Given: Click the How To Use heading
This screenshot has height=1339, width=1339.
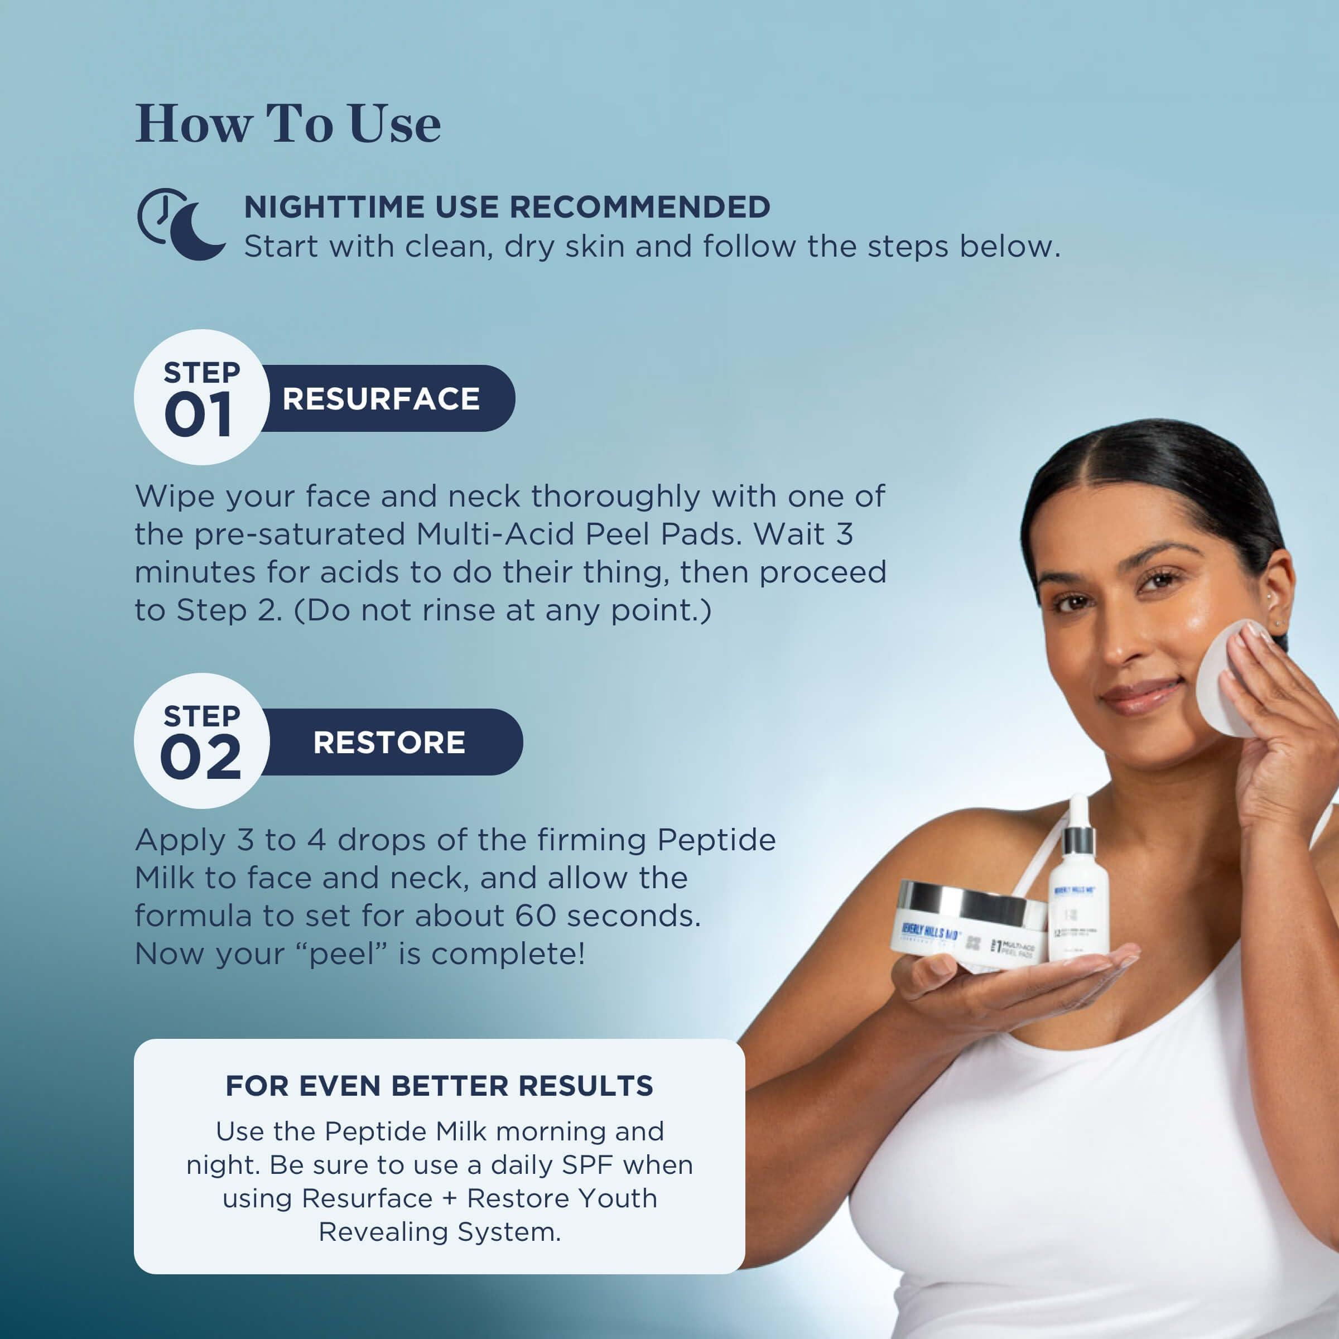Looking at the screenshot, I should click(x=288, y=125).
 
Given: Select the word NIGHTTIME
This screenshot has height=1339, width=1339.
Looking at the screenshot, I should click(x=334, y=207).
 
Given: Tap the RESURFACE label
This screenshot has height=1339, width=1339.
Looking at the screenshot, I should click(x=380, y=399).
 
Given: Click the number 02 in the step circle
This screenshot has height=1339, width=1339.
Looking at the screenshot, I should click(x=200, y=758).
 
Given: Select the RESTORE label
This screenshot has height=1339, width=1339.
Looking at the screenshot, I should click(x=389, y=742).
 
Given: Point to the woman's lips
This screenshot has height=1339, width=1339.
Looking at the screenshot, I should click(x=1140, y=696).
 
